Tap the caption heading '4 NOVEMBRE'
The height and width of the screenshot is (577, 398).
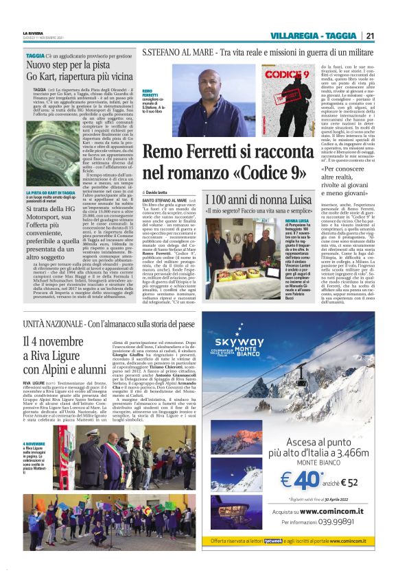(x=34, y=425)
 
